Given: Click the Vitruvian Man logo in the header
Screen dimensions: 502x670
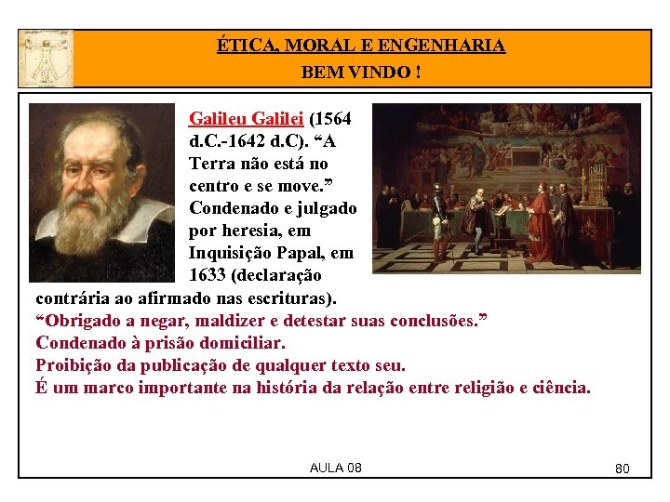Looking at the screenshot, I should pyautogui.click(x=45, y=58).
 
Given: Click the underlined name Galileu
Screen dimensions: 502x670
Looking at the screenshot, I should pyautogui.click(x=218, y=119).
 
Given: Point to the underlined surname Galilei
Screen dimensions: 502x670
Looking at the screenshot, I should pyautogui.click(x=278, y=119).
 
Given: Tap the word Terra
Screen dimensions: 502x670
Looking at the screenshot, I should pyautogui.click(x=211, y=164).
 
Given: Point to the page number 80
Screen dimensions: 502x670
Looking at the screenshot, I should pyautogui.click(x=623, y=469).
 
